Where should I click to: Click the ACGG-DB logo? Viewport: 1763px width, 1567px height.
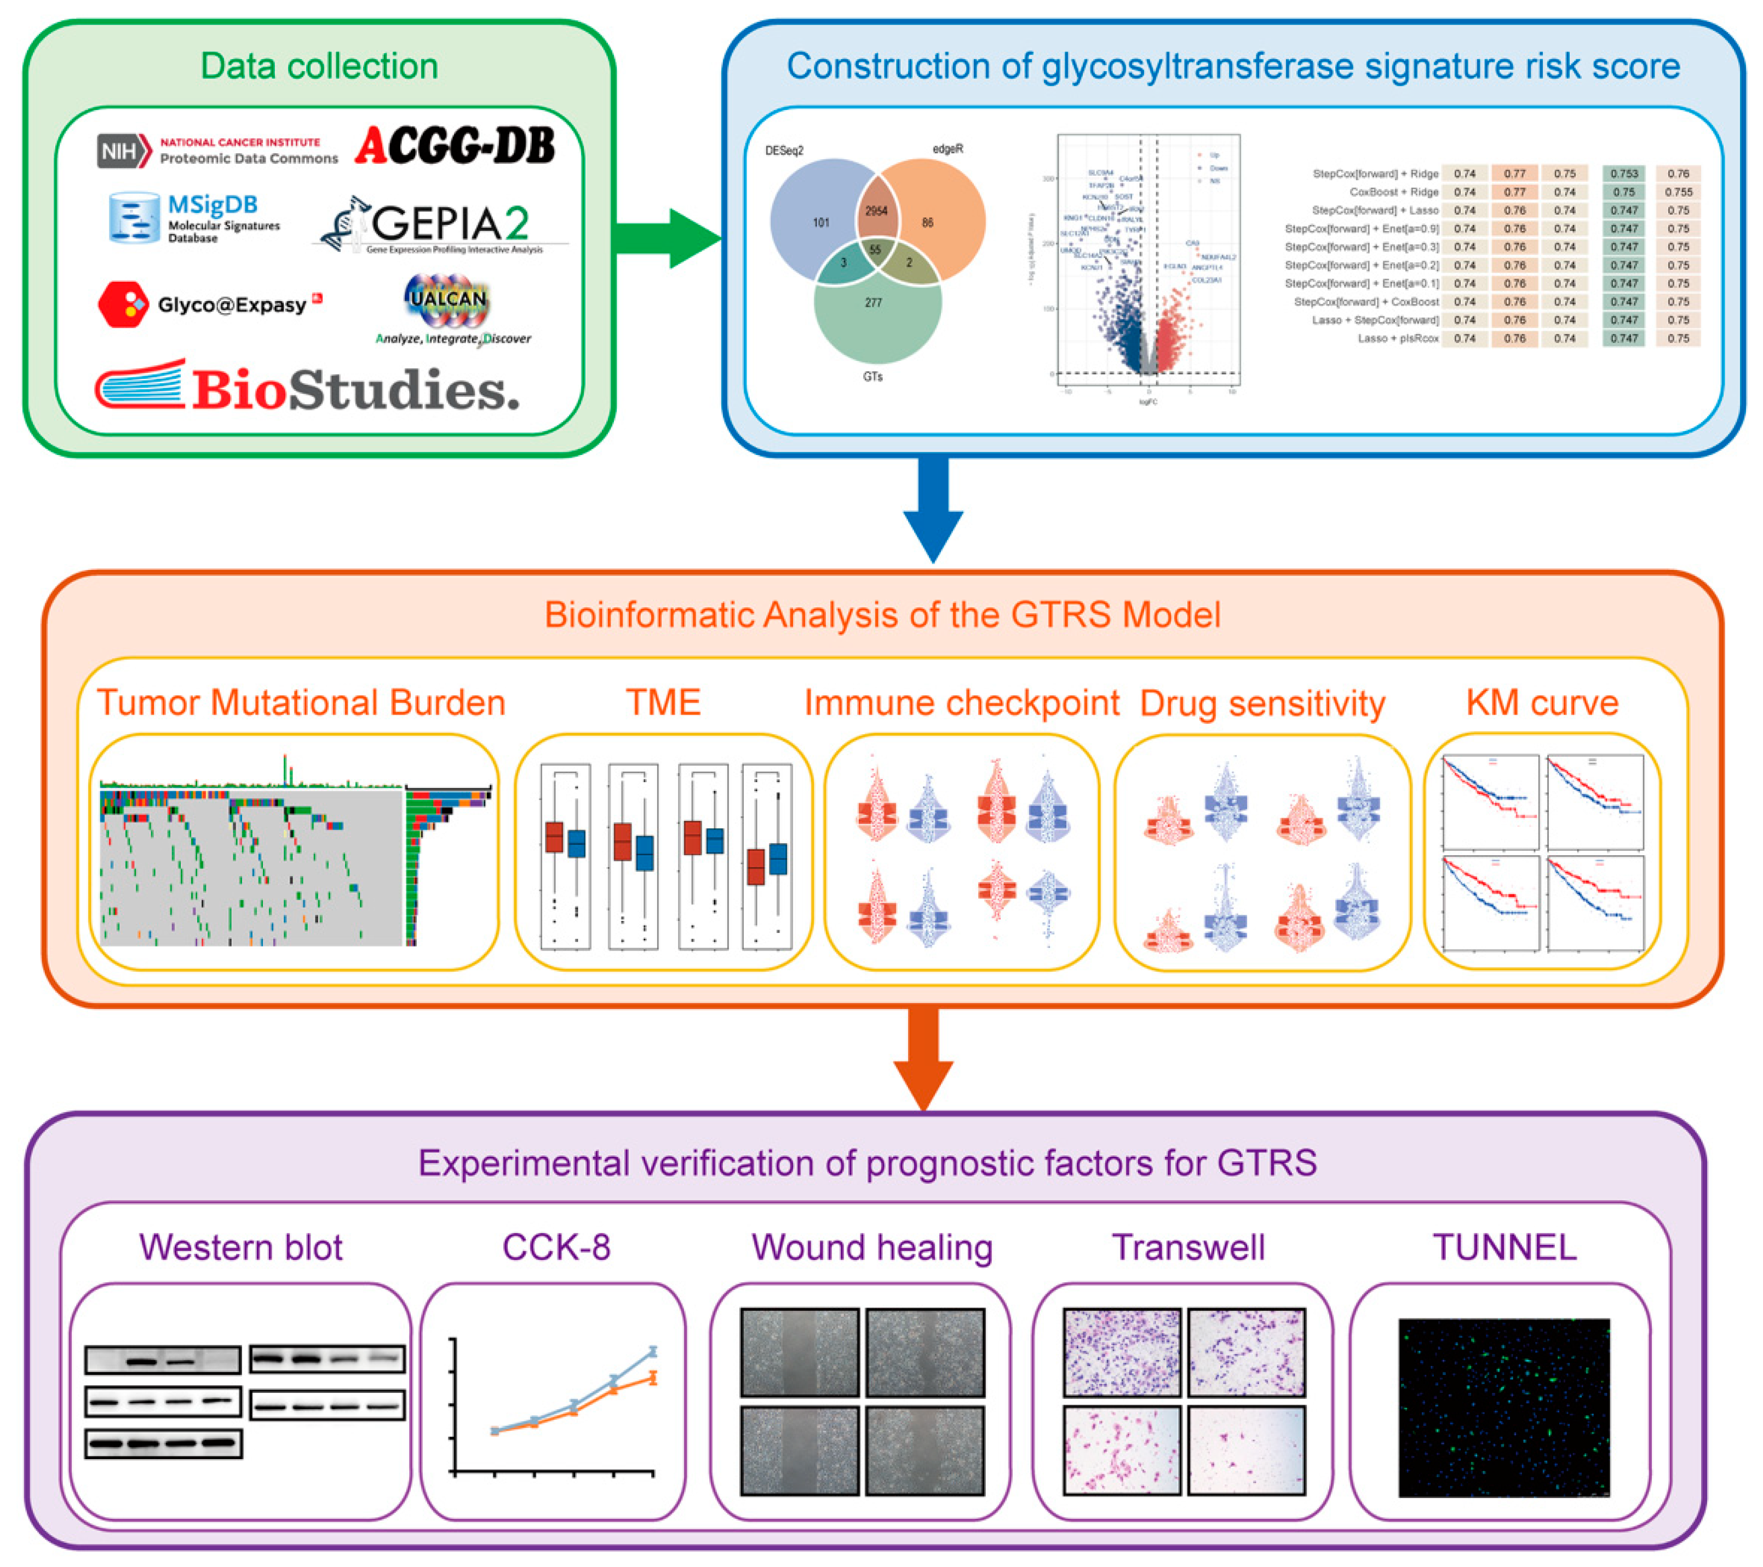(x=455, y=145)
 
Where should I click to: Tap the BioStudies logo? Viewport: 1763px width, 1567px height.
(x=308, y=388)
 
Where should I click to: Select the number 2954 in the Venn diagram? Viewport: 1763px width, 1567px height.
(x=876, y=210)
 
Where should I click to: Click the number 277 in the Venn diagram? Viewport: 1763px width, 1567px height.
(x=873, y=303)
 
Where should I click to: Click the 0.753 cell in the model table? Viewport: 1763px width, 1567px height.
(x=1623, y=174)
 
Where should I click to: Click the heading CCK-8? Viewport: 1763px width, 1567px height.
(x=556, y=1248)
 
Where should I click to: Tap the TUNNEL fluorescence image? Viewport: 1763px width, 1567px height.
(x=1503, y=1408)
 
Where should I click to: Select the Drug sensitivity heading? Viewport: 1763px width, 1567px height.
(x=1262, y=704)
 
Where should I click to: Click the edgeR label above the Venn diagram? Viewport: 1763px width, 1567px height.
(x=947, y=149)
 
